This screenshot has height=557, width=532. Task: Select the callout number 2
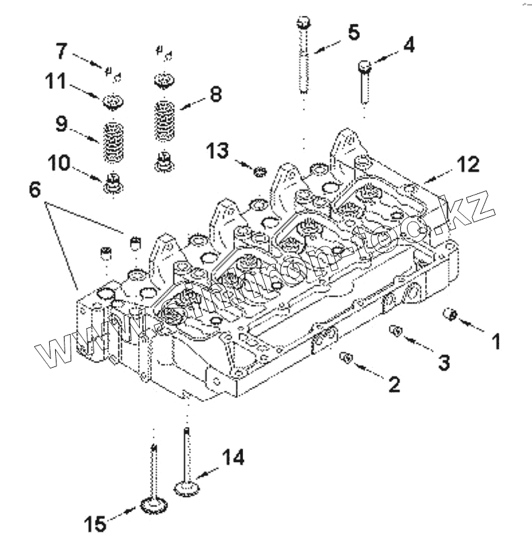click(394, 385)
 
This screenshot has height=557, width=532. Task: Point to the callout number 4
click(409, 45)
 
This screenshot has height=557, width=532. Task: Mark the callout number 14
click(232, 458)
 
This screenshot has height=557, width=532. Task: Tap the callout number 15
click(96, 523)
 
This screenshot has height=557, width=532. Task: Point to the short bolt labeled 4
click(365, 79)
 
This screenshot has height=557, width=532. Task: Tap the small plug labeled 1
click(451, 314)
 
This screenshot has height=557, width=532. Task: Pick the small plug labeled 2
click(347, 357)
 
